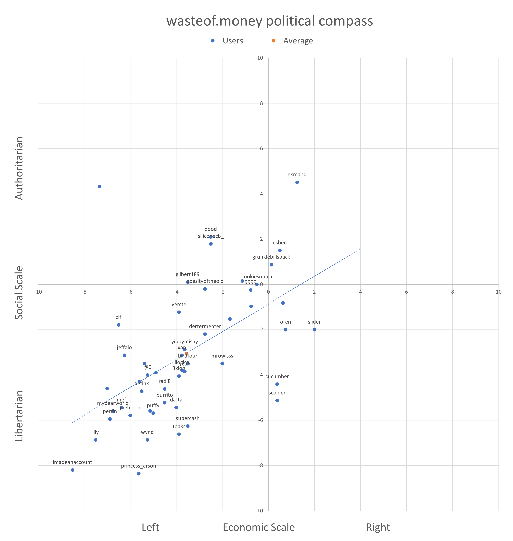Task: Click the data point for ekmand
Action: [297, 182]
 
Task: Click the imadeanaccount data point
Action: [73, 470]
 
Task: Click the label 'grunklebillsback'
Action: [271, 257]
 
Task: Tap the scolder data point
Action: [277, 401]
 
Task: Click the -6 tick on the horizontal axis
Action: [130, 292]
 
